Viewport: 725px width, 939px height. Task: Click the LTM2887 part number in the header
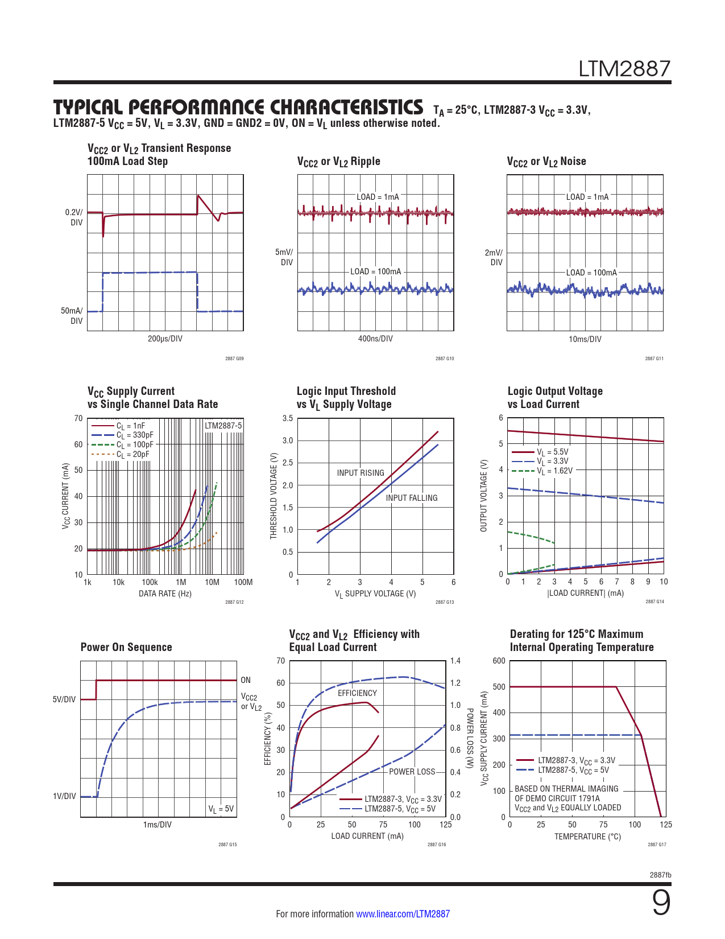pos(624,69)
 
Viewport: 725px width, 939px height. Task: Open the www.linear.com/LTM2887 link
pos(403,914)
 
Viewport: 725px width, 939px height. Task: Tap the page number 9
pos(661,903)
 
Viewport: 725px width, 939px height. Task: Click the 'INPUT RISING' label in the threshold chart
pos(361,473)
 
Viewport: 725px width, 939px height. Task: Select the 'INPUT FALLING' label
pos(412,498)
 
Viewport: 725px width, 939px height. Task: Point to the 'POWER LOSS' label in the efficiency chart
pos(412,772)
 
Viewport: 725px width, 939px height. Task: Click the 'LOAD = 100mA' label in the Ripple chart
pos(375,272)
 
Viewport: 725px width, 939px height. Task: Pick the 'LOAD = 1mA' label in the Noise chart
pos(587,197)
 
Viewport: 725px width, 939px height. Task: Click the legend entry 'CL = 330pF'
pos(135,435)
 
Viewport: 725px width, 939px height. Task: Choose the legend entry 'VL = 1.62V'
pos(554,471)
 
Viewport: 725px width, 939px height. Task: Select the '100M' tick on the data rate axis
pos(243,582)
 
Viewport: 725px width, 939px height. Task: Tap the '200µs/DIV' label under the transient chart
pos(165,339)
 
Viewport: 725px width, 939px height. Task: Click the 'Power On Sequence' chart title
pos(126,647)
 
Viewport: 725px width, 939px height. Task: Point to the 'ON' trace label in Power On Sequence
pos(246,680)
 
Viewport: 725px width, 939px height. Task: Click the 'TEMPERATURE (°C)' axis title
pos(587,837)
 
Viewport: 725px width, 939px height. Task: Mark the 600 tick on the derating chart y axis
pos(499,661)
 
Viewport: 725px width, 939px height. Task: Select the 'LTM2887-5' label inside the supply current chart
pos(223,426)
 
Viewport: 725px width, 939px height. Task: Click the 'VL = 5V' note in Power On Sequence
pos(221,809)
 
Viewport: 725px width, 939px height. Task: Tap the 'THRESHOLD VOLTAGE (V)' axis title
pos(274,496)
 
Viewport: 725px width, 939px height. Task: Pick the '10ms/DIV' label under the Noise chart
pos(585,339)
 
